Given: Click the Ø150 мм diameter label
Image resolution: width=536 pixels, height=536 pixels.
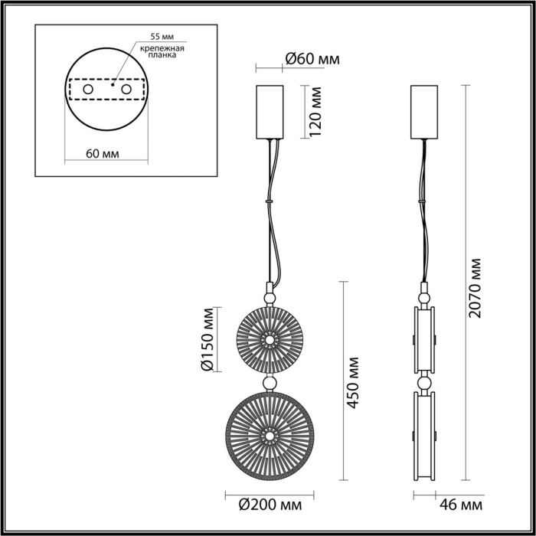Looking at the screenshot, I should click(x=206, y=342).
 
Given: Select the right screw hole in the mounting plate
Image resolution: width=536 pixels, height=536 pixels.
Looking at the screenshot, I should click(x=139, y=90).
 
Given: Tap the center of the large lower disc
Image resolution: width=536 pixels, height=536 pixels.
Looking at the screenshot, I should click(x=269, y=435).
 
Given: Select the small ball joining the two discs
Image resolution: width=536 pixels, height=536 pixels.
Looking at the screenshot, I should click(x=269, y=382).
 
